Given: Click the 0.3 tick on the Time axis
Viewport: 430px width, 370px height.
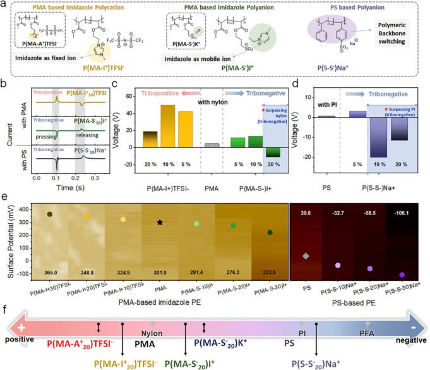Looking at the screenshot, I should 91,180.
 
